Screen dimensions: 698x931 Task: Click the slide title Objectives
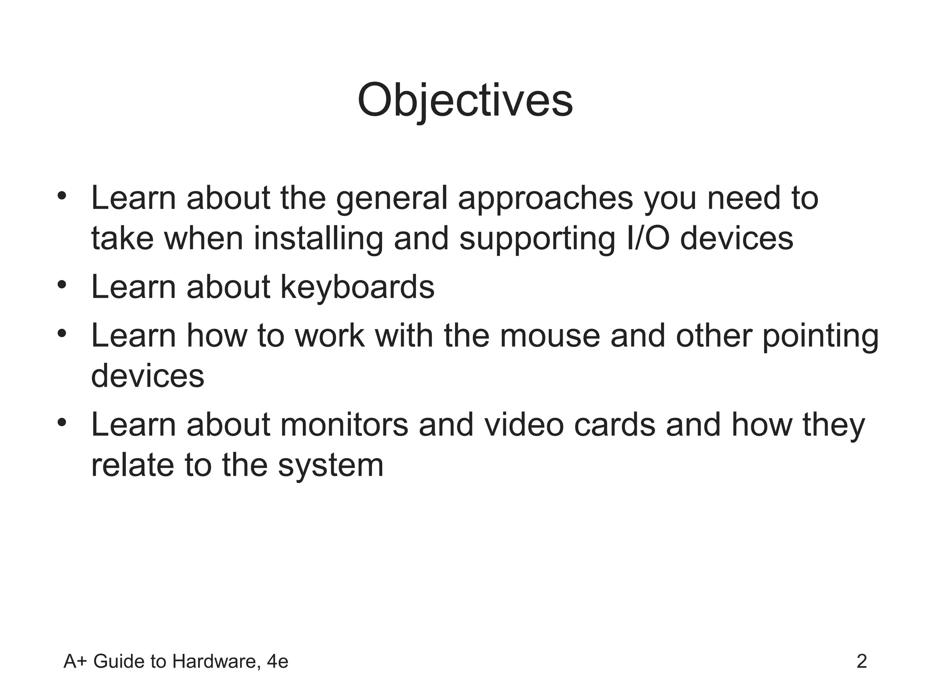click(465, 101)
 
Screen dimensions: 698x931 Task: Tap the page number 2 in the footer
click(861, 662)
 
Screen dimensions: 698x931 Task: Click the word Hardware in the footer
click(216, 662)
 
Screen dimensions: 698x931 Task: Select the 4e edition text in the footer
click(277, 662)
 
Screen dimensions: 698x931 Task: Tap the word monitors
click(344, 425)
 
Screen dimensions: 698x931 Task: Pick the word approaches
click(545, 199)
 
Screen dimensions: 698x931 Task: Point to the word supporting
click(537, 239)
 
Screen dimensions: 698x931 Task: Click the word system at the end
click(330, 465)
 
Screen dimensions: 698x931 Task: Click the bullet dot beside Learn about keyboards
click(62, 285)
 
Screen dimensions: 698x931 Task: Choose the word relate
click(133, 465)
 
